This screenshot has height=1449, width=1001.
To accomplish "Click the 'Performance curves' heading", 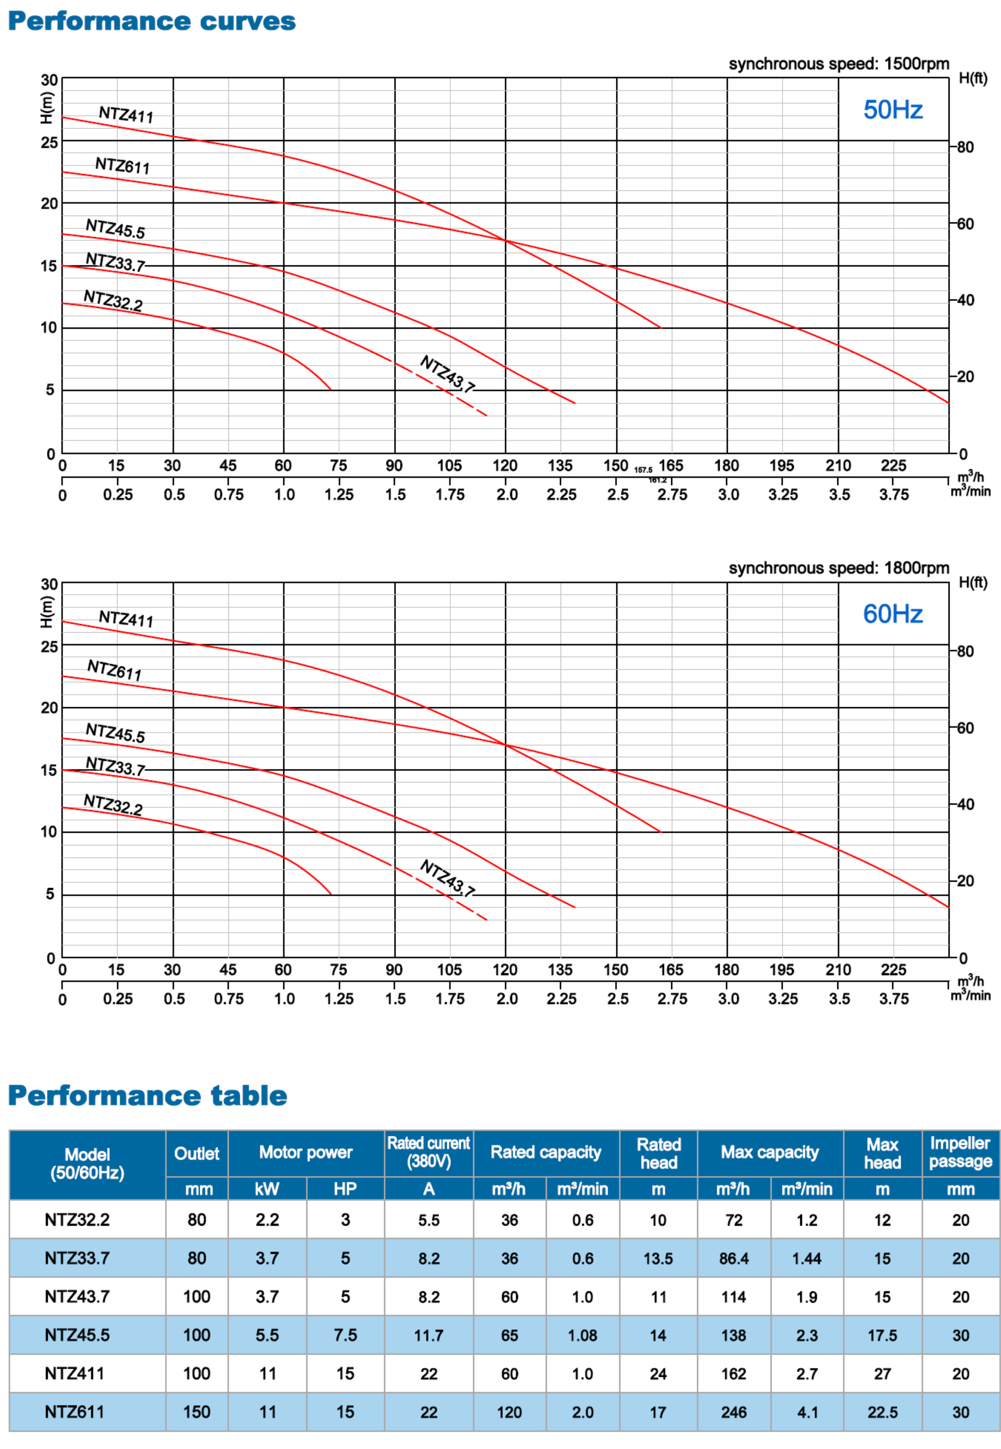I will point(151,21).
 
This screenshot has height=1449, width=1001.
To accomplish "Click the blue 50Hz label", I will point(892,110).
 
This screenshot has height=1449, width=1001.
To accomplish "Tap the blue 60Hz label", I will point(892,614).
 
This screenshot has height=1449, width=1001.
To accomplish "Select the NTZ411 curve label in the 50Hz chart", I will point(126,115).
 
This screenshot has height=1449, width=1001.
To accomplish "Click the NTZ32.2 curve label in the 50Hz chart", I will point(113,300).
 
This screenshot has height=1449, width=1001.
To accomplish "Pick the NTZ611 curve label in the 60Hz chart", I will point(114,670).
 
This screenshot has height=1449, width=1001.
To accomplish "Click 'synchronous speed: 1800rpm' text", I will point(838,568).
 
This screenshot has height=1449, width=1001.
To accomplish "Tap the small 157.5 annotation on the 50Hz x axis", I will point(644,469).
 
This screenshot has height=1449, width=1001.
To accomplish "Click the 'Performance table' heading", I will point(147,1095).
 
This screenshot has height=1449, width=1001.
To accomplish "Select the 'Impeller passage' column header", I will point(960,1152).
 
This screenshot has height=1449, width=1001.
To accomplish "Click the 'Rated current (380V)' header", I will point(429,1152).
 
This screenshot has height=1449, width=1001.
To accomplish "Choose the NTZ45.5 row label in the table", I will point(77,1335).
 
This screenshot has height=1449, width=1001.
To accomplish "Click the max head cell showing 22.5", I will point(882,1412).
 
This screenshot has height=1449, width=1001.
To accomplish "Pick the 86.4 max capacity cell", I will point(734,1258).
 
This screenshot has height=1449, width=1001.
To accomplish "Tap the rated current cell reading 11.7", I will point(429,1335).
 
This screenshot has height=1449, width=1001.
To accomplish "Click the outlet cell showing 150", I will point(196,1412).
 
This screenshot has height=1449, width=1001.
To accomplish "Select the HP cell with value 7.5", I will point(345,1335).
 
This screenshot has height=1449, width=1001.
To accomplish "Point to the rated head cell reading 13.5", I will point(658,1258).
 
